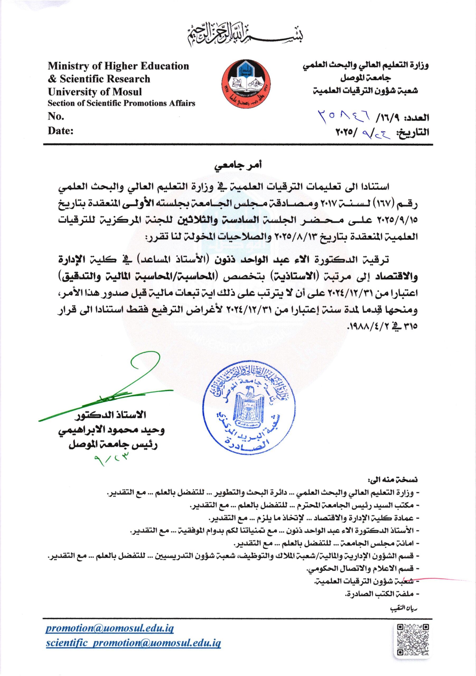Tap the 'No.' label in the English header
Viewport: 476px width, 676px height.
coord(56,117)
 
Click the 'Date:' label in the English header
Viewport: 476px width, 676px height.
coord(61,131)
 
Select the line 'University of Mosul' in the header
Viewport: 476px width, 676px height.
coord(95,92)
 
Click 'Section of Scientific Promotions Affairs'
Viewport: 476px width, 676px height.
coord(121,104)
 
